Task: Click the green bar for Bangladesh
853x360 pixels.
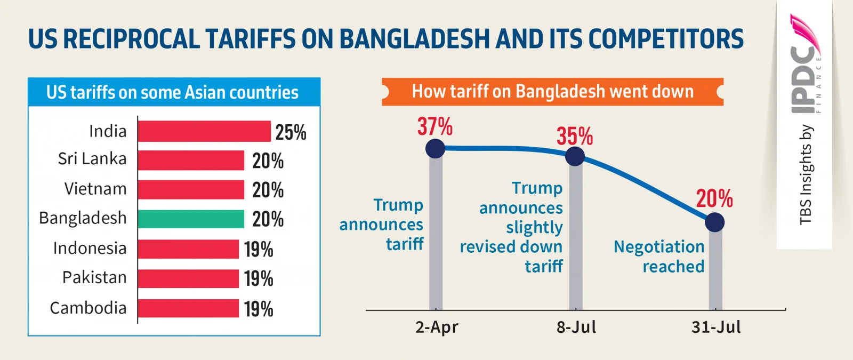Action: click(x=191, y=219)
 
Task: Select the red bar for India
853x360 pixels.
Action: click(x=204, y=131)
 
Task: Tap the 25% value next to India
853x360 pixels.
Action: click(x=291, y=132)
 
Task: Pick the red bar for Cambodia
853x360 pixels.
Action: click(x=188, y=308)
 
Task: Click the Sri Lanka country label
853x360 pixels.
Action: click(x=92, y=159)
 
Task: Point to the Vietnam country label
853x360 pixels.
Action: click(x=95, y=189)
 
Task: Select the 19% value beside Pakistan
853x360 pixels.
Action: click(x=259, y=278)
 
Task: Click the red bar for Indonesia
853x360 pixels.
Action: click(x=188, y=249)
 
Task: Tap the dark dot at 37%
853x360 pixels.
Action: click(x=436, y=148)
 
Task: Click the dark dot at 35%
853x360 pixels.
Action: click(x=575, y=156)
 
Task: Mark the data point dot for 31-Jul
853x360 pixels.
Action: click(x=714, y=222)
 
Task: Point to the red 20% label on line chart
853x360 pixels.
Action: click(x=714, y=199)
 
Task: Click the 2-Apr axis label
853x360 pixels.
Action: click(x=437, y=327)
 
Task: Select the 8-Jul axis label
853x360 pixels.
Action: click(x=576, y=327)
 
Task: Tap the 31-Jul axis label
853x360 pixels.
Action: click(x=716, y=327)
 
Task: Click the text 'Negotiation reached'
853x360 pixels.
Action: click(x=659, y=257)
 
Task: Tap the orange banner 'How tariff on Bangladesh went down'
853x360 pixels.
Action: click(x=552, y=92)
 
